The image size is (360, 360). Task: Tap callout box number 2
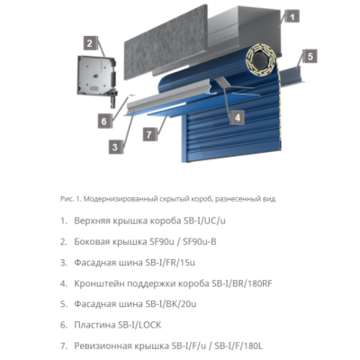click(x=89, y=41)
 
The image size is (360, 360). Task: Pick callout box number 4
click(x=237, y=115)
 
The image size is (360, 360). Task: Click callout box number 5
click(x=309, y=57)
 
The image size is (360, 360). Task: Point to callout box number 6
click(x=103, y=120)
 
